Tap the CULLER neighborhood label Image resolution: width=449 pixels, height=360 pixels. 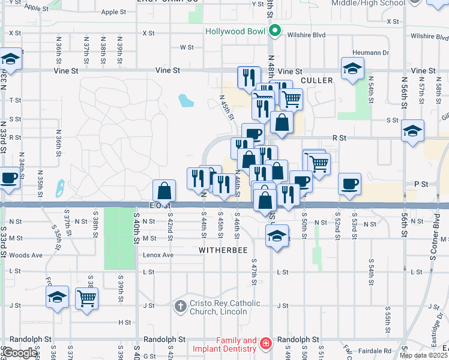(317, 80)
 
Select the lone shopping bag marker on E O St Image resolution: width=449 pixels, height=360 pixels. (164, 191)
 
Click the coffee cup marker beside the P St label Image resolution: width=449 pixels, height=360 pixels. (350, 184)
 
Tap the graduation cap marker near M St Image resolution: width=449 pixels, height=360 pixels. (277, 236)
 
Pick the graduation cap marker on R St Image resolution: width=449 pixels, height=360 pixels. (413, 131)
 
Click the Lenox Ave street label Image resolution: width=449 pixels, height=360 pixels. (158, 255)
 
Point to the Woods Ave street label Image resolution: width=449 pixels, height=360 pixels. (26, 255)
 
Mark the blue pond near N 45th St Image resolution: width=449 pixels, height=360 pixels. (186, 100)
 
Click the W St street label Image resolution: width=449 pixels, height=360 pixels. (187, 47)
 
